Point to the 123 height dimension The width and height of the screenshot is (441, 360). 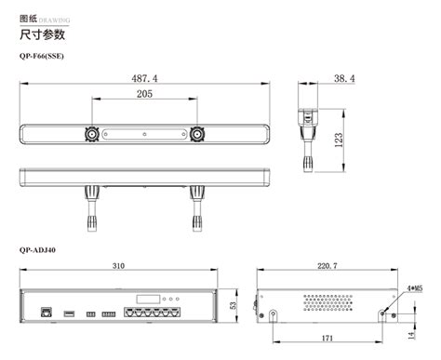coord(341,139)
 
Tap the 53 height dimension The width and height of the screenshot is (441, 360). coord(233,304)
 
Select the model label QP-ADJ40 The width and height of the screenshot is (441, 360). coord(37,248)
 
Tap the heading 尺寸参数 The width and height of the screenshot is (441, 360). coord(42,34)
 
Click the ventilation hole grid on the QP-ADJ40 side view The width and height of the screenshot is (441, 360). coord(327,302)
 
